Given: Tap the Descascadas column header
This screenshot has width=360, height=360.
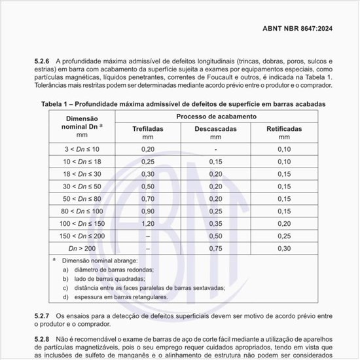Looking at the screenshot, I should tap(215, 129).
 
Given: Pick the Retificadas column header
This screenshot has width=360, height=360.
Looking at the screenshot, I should tap(284, 129).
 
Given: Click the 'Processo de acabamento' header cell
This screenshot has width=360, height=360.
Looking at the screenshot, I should tap(215, 116).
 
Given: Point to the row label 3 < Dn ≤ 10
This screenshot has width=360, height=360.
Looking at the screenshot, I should tap(82, 149).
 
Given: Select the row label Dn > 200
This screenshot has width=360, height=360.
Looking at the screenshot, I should tap(82, 248).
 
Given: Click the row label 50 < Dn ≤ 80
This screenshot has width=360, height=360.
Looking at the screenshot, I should tap(82, 198).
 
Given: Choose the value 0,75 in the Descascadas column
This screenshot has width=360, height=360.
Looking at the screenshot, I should tap(215, 248).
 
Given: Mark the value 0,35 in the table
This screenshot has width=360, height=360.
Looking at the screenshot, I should tap(215, 223).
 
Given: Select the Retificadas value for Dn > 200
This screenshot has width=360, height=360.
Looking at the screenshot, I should tap(284, 248).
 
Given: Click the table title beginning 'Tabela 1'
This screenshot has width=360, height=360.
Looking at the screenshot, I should tap(183, 104).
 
